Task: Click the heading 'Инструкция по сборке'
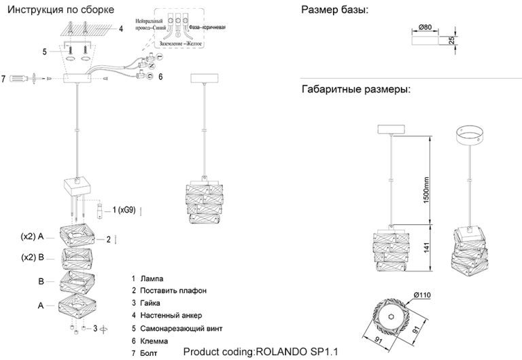pos(58,10)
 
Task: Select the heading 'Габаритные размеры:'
pos(355,89)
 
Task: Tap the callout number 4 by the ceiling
pos(120,29)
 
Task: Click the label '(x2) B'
pos(33,257)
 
